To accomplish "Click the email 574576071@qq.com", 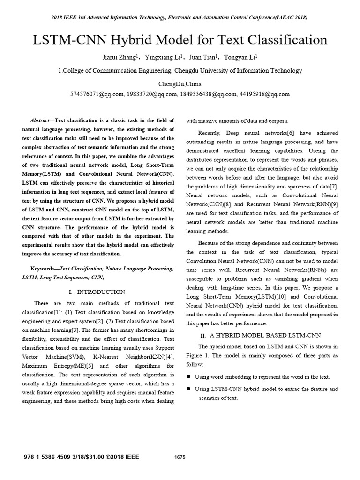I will click(97, 94).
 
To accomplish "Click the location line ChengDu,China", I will click(180, 83).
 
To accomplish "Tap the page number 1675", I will click(180, 457).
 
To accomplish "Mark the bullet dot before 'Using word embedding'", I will click(189, 377).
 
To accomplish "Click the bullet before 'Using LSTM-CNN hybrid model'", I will click(189, 389).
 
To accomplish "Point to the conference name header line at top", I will click(180, 18).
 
